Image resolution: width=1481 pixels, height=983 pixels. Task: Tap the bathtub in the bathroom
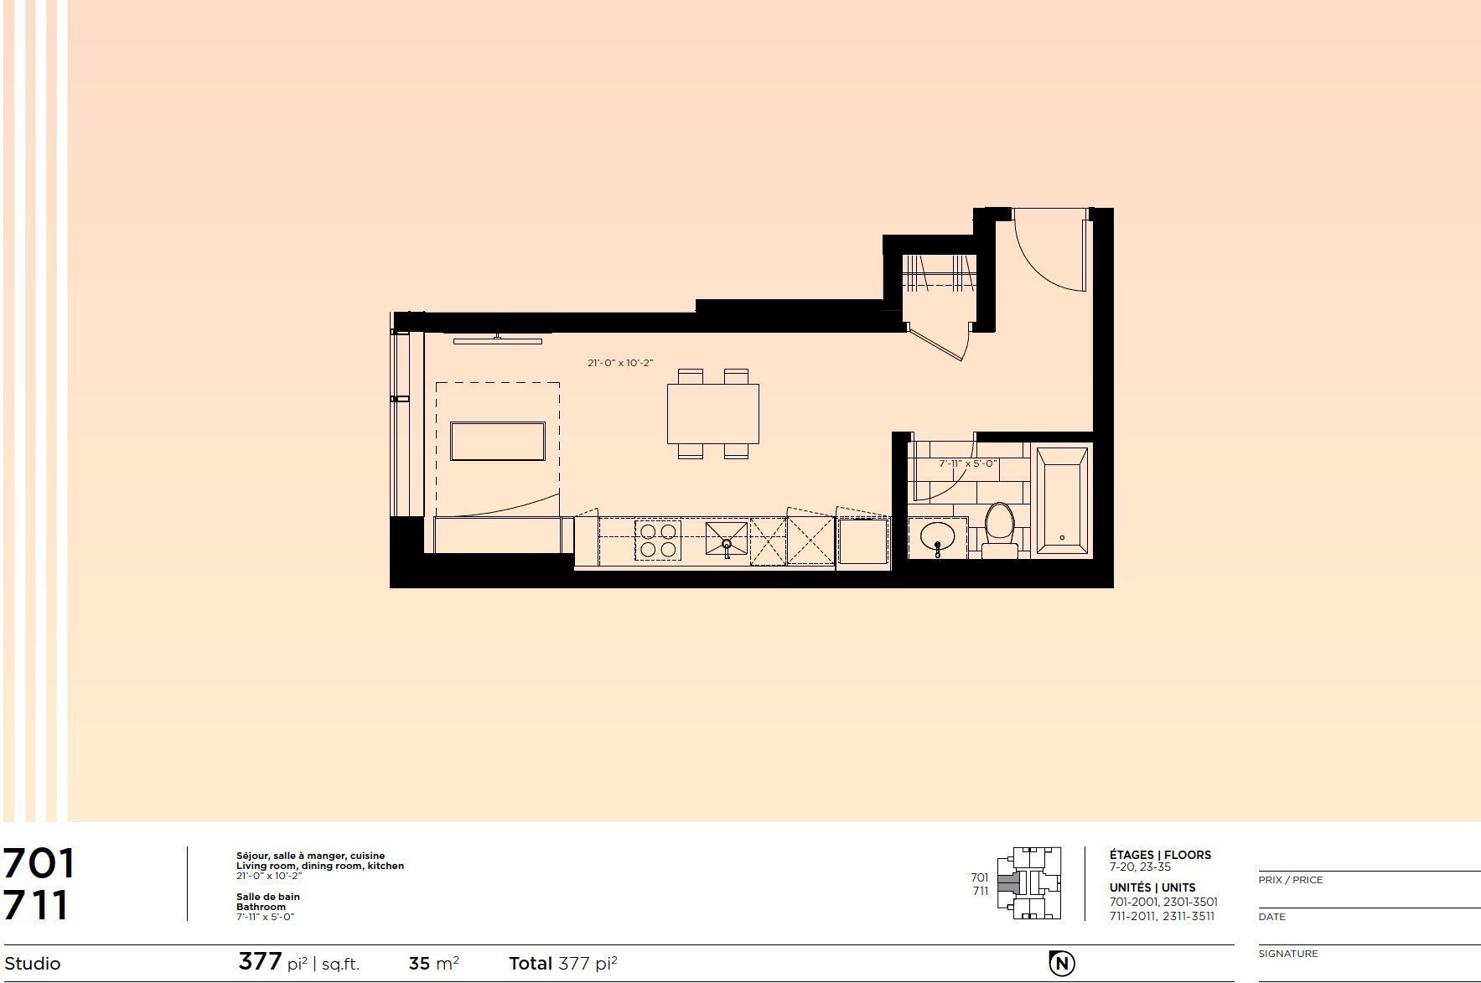click(1062, 501)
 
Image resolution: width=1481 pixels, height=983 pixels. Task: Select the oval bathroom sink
click(937, 536)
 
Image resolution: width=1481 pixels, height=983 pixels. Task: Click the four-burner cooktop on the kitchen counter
click(658, 540)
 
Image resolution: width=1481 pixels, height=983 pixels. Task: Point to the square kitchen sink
click(726, 540)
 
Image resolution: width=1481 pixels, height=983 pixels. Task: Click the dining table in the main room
click(713, 414)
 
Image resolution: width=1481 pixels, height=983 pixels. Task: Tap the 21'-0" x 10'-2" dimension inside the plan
click(620, 363)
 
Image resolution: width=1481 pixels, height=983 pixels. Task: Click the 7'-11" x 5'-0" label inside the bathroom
click(967, 463)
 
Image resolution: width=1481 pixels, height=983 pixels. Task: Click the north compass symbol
click(1062, 964)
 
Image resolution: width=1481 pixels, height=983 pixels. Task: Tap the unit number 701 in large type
click(39, 864)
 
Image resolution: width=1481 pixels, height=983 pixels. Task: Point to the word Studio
click(32, 964)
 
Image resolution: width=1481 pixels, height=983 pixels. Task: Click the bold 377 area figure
click(260, 961)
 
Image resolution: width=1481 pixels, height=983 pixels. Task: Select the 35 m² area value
click(433, 963)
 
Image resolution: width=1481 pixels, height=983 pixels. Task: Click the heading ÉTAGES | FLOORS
click(1160, 855)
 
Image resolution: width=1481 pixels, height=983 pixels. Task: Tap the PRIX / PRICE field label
click(1291, 880)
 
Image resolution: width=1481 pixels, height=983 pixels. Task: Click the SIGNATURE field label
click(1288, 954)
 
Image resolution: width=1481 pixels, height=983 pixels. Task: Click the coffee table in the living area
click(498, 442)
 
